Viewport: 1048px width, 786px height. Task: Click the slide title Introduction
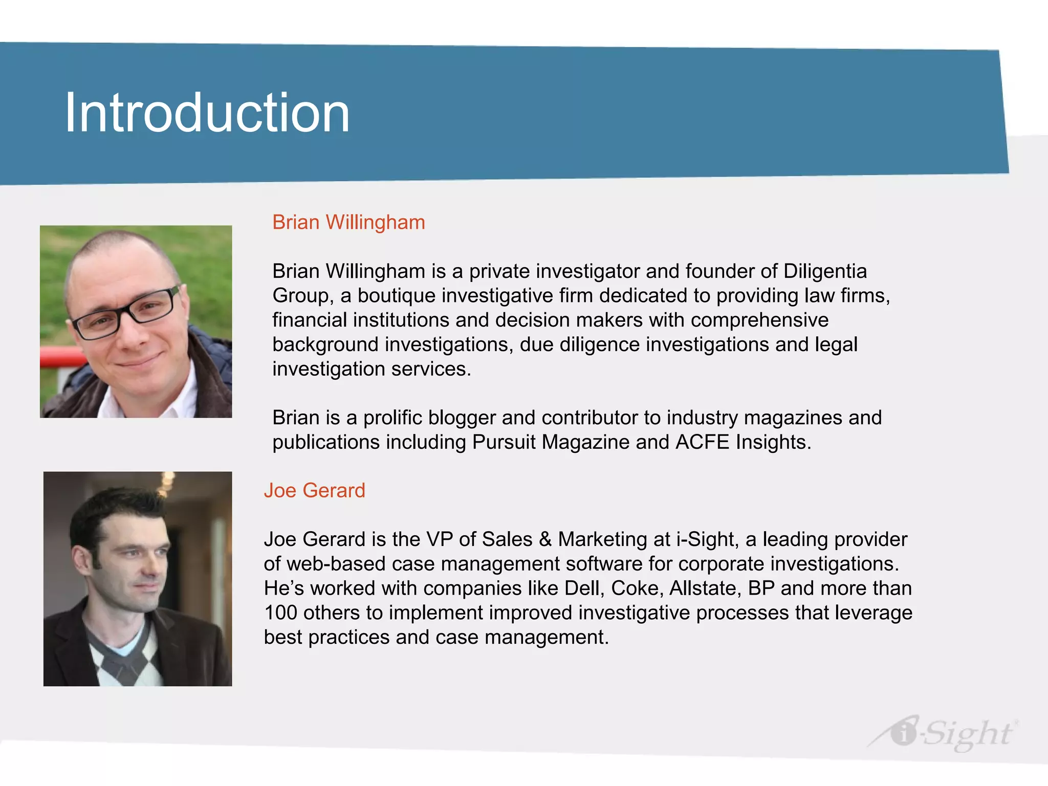point(207,113)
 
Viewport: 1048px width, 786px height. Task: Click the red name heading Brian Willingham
point(348,223)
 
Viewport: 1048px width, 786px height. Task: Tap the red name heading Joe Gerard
point(314,491)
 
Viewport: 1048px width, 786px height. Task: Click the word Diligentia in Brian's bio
point(825,272)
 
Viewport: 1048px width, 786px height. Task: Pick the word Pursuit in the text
point(504,443)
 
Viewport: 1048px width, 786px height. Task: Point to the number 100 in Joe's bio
point(280,613)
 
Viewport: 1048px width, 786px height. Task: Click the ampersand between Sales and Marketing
point(545,540)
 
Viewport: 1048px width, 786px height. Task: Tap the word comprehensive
point(759,320)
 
